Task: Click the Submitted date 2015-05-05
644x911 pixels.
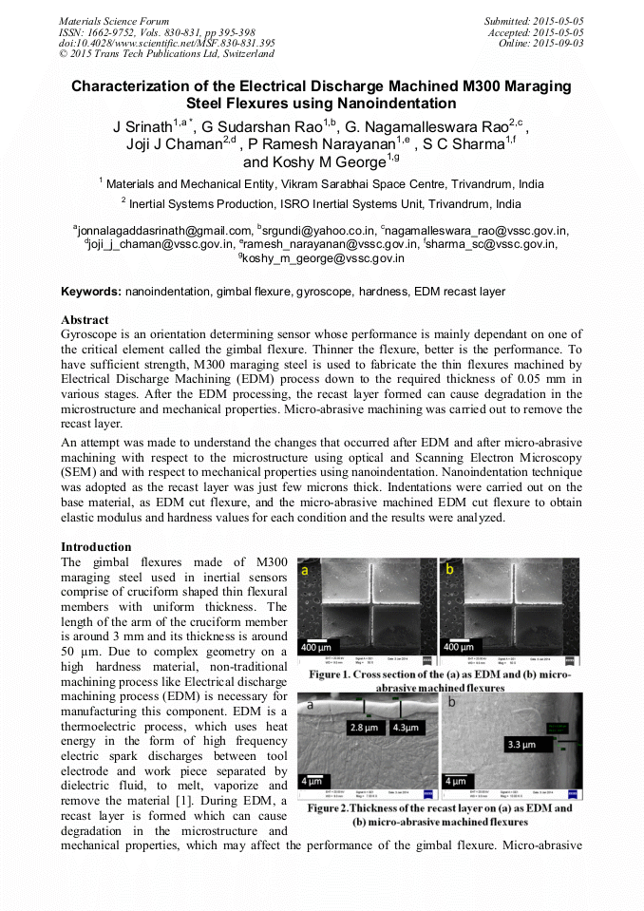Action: (x=558, y=20)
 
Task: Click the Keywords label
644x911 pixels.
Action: (x=91, y=291)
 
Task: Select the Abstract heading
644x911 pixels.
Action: (x=85, y=320)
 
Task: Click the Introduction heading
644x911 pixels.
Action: (x=96, y=547)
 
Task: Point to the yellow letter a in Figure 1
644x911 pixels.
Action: (x=307, y=573)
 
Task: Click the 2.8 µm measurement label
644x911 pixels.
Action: (x=365, y=729)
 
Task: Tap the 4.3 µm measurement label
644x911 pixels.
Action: (x=407, y=729)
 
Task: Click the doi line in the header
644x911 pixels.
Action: (x=167, y=43)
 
